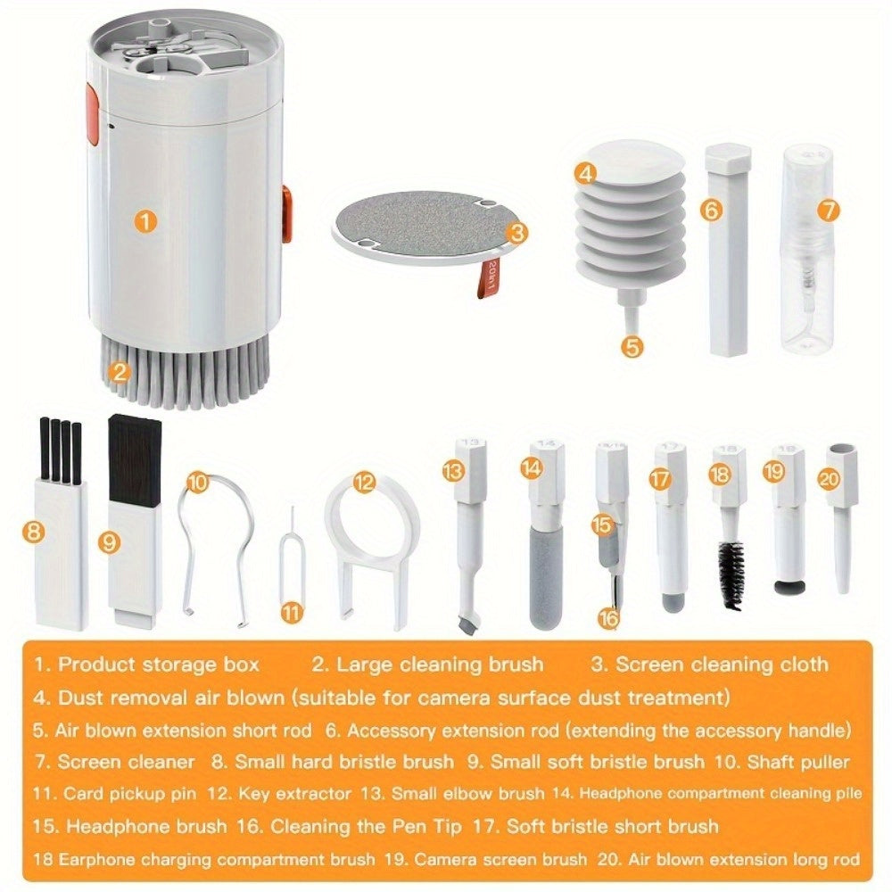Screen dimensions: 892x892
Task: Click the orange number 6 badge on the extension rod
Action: click(x=710, y=211)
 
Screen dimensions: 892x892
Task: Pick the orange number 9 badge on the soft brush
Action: click(x=109, y=541)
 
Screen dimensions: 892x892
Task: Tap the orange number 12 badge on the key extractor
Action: click(x=363, y=483)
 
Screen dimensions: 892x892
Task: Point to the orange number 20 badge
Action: click(x=829, y=479)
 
